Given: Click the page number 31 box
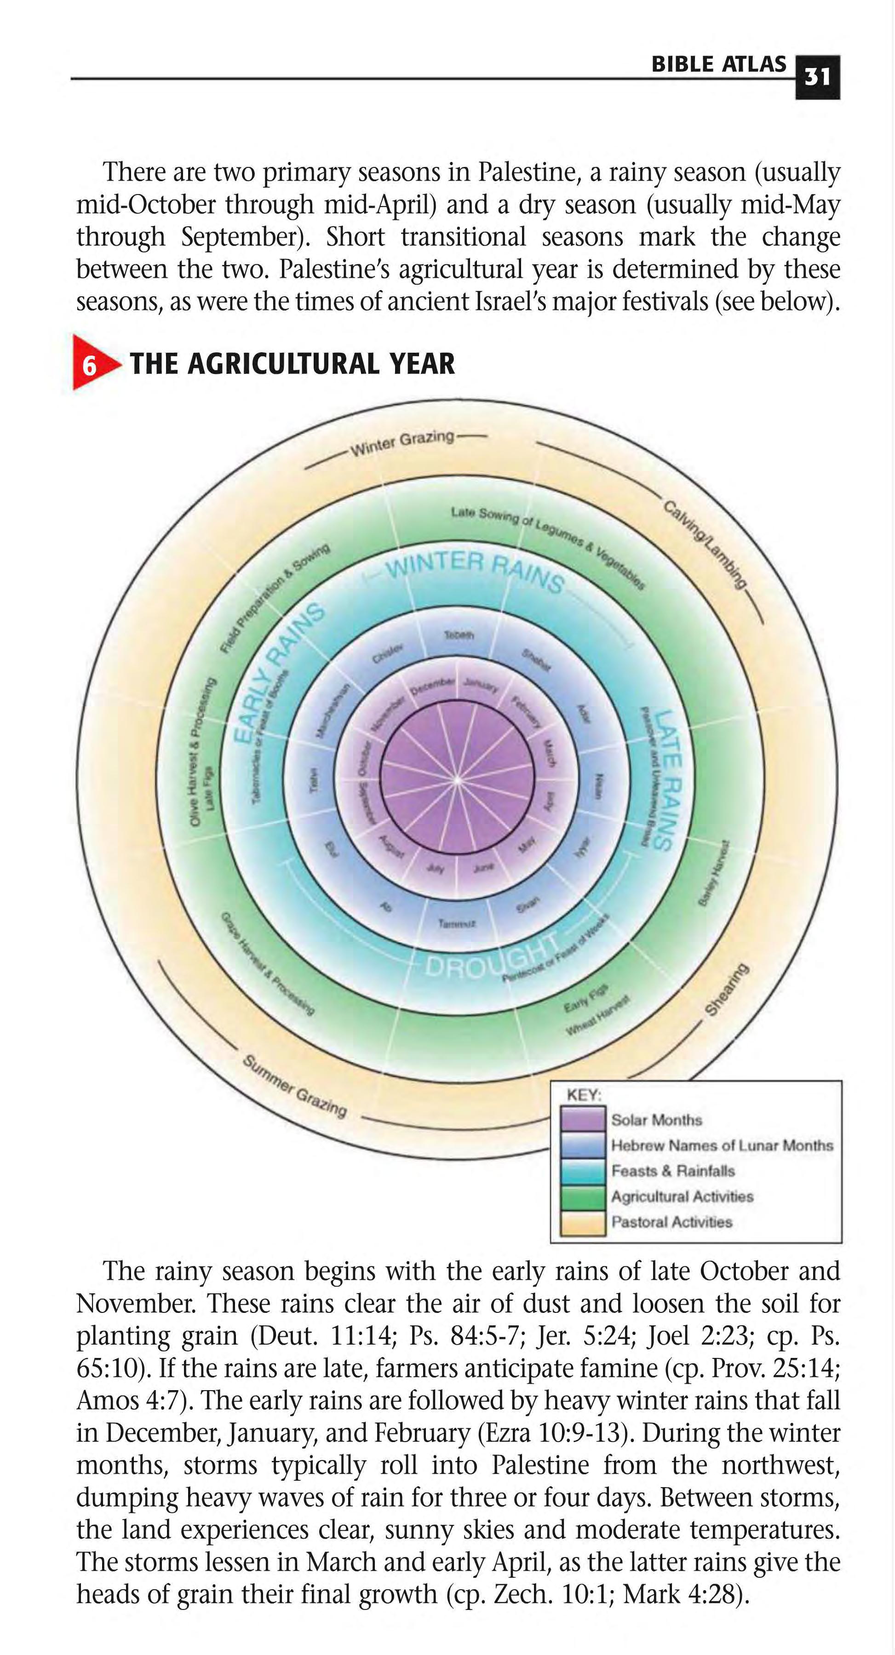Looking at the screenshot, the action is [817, 77].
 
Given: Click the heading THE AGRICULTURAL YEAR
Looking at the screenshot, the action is [293, 364].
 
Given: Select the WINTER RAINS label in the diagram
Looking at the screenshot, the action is [476, 571].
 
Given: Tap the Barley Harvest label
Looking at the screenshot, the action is [714, 873].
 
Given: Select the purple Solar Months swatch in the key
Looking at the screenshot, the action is [582, 1119].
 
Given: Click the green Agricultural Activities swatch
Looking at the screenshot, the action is [582, 1196].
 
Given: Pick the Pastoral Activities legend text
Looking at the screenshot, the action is [671, 1222].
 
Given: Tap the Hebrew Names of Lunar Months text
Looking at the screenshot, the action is [722, 1145].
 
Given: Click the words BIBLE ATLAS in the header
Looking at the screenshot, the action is [718, 64].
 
